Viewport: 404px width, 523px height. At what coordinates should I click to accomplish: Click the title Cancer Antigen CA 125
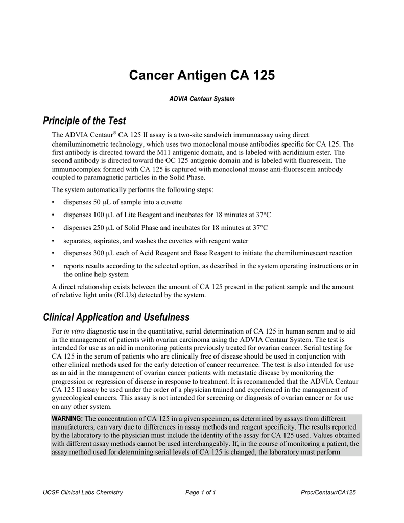pos(202,75)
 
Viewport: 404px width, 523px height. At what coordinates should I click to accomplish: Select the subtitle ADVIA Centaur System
pos(202,99)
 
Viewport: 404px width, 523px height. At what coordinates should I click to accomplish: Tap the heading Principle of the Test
pos(84,121)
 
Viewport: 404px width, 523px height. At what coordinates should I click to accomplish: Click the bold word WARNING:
pos(67,419)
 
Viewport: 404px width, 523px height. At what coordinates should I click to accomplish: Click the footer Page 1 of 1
pos(201,492)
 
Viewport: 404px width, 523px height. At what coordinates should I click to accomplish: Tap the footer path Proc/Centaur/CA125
pos(329,492)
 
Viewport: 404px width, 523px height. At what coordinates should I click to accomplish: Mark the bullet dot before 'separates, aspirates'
pos(54,241)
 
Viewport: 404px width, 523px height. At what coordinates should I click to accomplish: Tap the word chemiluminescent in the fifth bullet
pos(293,253)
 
